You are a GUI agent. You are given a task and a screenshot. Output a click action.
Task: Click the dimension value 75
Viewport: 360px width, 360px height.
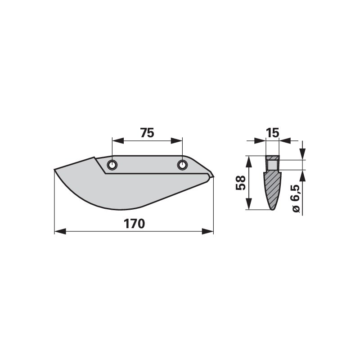[147, 133]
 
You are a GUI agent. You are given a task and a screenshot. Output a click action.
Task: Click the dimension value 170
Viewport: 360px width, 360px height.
[135, 224]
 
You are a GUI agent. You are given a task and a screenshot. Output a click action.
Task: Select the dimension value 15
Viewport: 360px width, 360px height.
[272, 133]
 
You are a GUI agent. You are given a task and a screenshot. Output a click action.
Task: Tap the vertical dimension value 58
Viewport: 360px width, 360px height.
[241, 183]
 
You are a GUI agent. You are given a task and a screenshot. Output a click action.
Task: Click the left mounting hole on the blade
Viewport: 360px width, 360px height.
[112, 166]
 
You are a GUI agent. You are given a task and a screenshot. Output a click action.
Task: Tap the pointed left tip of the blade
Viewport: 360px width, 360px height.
[55, 170]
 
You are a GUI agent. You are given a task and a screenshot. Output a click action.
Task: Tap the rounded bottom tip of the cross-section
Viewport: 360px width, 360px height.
[272, 208]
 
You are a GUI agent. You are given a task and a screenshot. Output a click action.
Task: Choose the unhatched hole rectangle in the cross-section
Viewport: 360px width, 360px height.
[272, 165]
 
